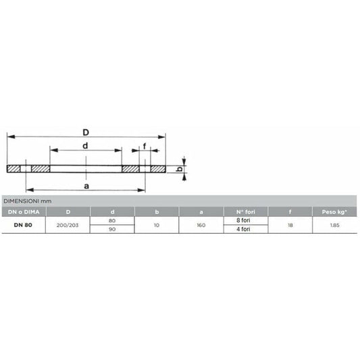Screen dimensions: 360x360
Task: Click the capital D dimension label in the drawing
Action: pyautogui.click(x=86, y=132)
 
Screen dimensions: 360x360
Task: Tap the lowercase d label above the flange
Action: pyautogui.click(x=85, y=146)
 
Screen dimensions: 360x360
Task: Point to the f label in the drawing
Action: pyautogui.click(x=145, y=146)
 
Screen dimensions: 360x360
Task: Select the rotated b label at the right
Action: pyautogui.click(x=180, y=170)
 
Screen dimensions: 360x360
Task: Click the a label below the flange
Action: pyautogui.click(x=86, y=186)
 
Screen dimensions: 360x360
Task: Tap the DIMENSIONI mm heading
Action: pyautogui.click(x=28, y=201)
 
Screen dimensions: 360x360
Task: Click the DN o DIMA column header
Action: pyautogui.click(x=24, y=212)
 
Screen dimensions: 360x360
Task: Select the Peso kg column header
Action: pyautogui.click(x=334, y=212)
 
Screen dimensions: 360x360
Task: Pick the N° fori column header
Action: pyautogui.click(x=246, y=212)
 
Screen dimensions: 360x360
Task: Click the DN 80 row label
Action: pyautogui.click(x=23, y=225)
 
